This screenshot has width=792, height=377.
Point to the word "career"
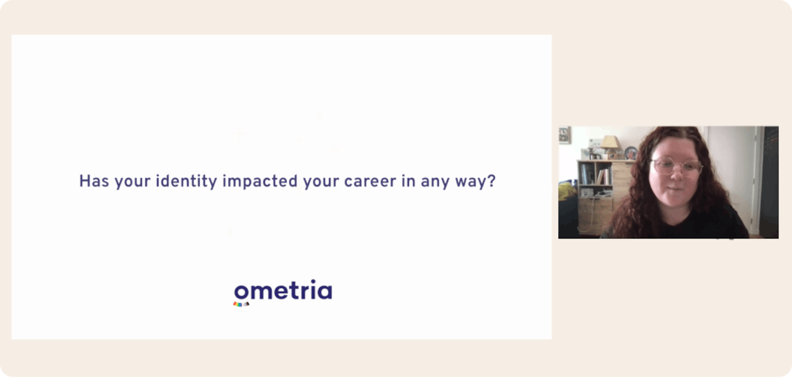point(370,181)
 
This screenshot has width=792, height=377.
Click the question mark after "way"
point(490,181)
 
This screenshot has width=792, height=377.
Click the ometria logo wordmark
point(283,291)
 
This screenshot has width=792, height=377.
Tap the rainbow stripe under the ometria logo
point(241,304)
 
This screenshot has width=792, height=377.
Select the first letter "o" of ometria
point(242,292)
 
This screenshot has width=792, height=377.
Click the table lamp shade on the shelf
point(609,143)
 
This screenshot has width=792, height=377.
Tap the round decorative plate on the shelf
point(631,153)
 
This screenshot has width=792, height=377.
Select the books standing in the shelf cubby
point(603,176)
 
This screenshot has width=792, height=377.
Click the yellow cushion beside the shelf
point(566,191)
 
